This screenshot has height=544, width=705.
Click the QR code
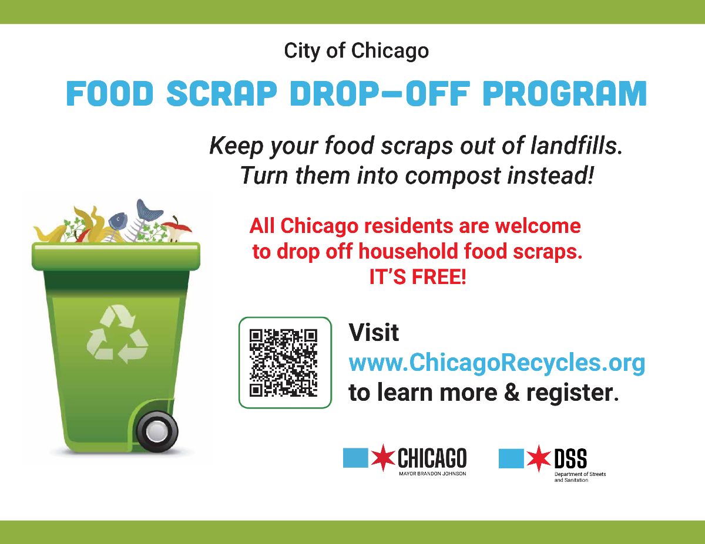tap(283, 363)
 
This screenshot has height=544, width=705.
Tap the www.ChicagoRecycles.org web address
tap(496, 363)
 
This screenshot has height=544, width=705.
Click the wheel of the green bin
tap(157, 431)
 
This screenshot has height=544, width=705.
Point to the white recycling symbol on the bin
tap(117, 334)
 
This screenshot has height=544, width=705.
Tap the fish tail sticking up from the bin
tap(147, 210)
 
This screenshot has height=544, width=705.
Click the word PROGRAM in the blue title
tap(564, 93)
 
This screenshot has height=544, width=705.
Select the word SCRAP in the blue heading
tap(221, 93)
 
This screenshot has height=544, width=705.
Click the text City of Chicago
tap(356, 51)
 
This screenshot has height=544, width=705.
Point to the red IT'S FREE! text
tap(418, 277)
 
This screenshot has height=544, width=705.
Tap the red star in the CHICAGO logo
tap(383, 457)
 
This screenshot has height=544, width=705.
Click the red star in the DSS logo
tap(539, 458)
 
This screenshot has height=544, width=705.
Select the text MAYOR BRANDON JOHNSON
tap(432, 474)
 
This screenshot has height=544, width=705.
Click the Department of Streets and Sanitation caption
tap(580, 477)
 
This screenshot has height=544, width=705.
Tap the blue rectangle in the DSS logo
tap(511, 458)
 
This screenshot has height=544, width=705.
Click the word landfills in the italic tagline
tap(576, 146)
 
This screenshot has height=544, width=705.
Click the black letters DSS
tap(570, 458)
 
